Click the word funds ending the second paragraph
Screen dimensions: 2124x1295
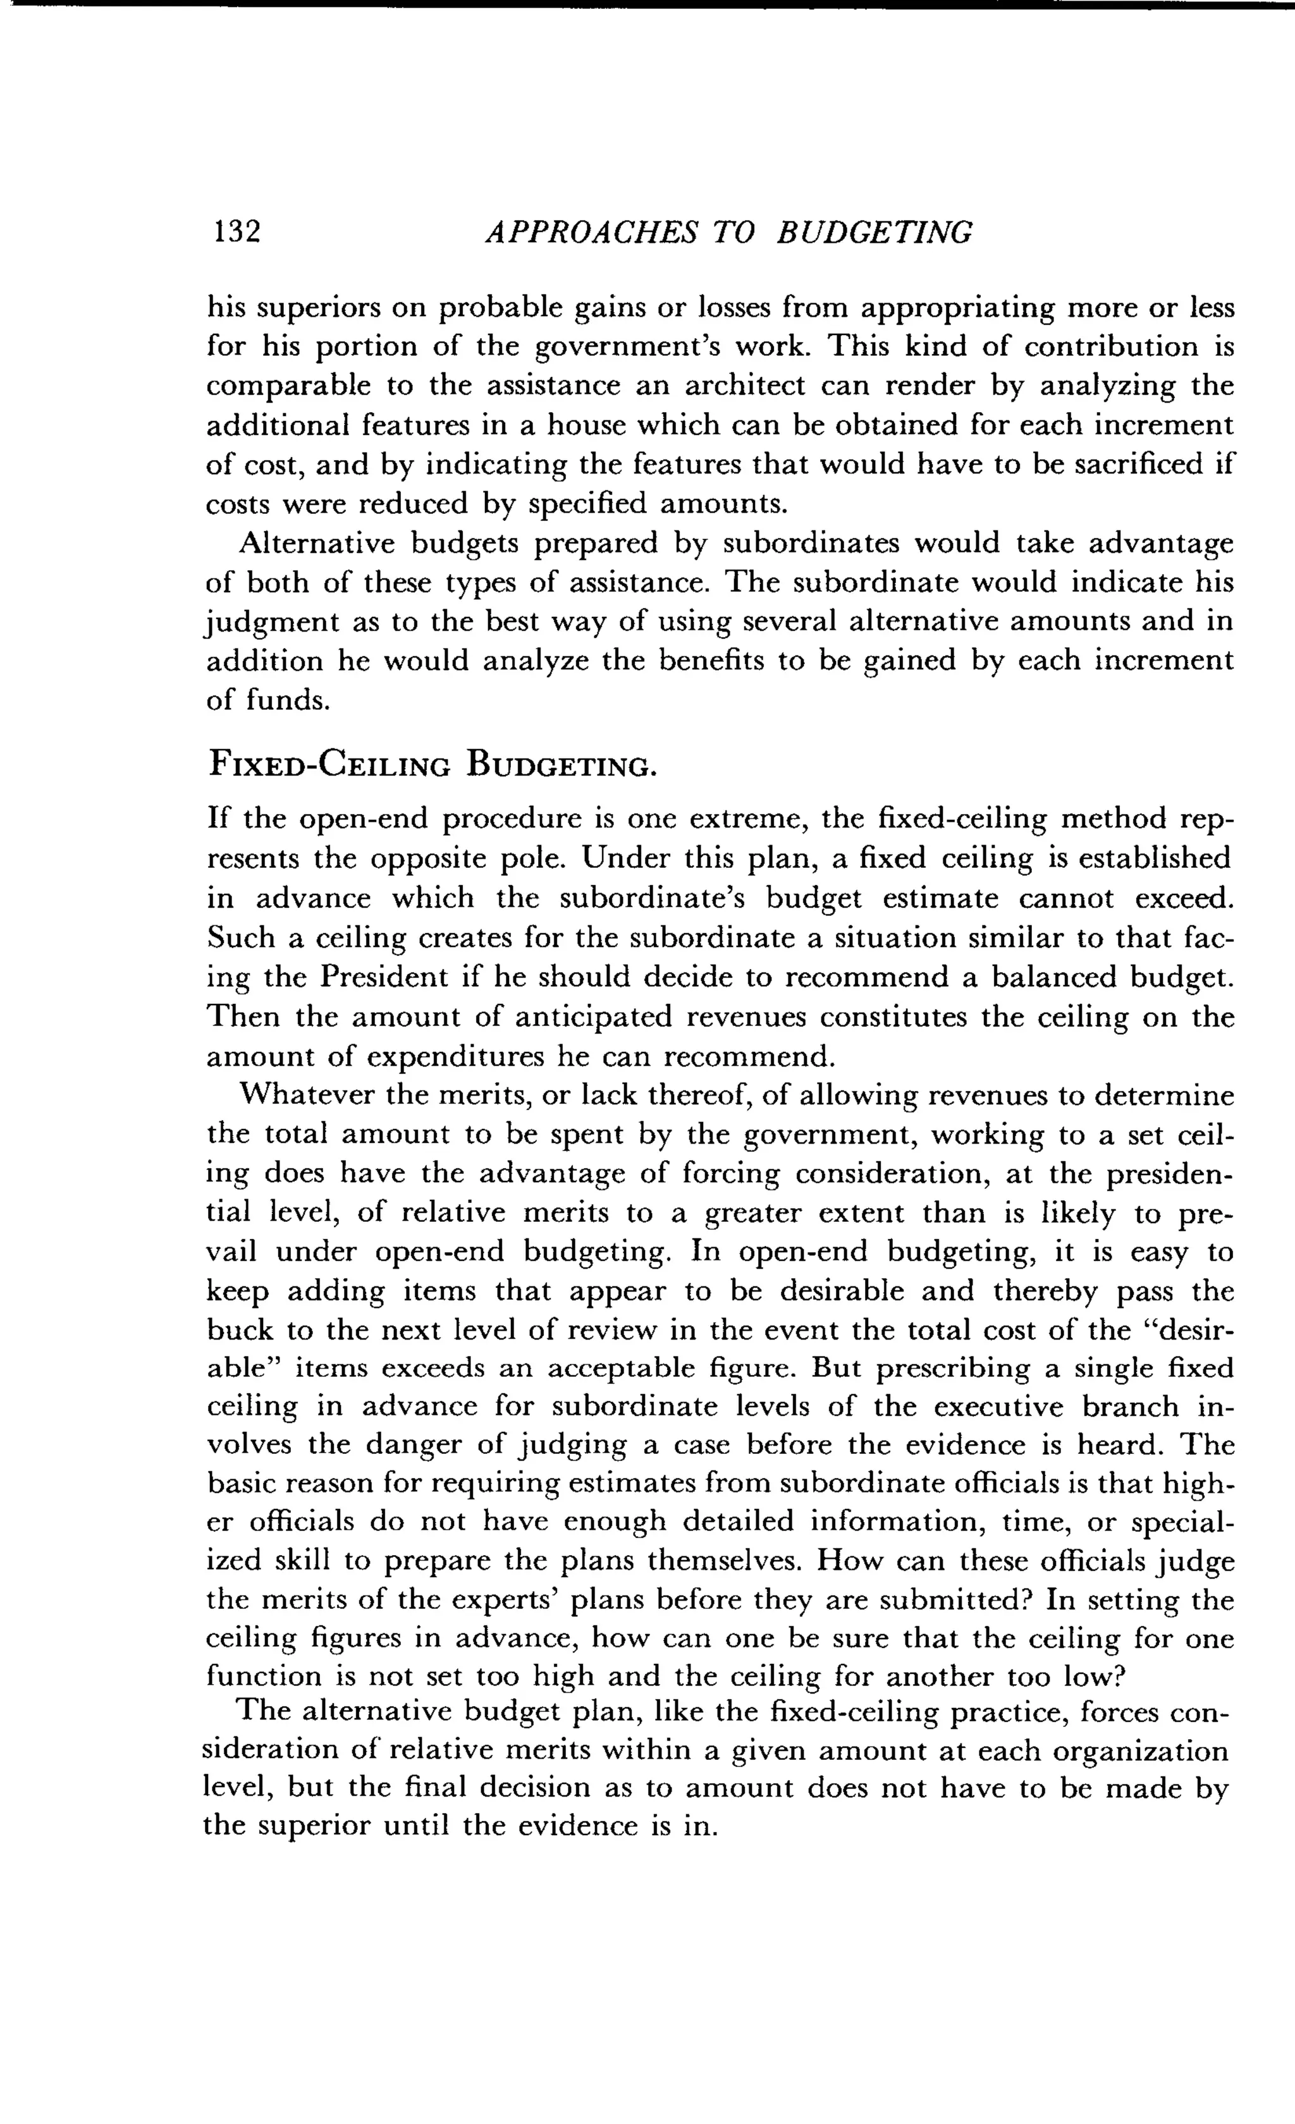pyautogui.click(x=285, y=701)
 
